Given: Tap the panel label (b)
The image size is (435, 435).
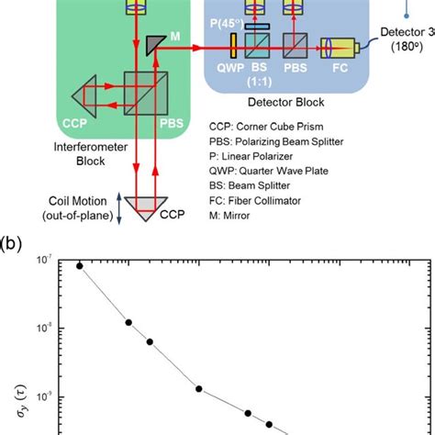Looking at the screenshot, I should pos(15,247).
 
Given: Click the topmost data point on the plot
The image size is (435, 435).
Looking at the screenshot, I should pos(80,265).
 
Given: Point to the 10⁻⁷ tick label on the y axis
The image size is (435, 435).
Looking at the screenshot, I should pos(42,262).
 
